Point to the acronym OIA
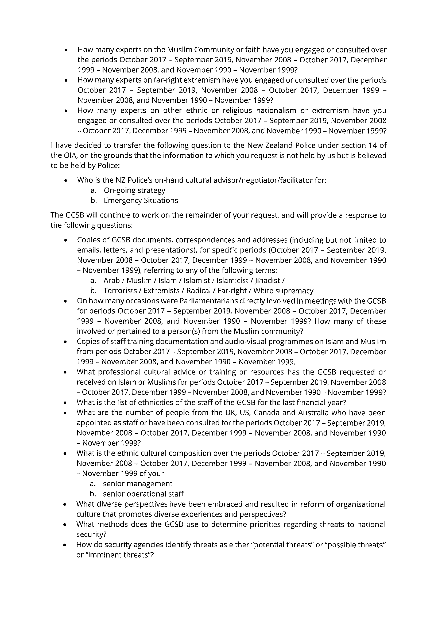[63, 155]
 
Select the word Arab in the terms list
[112, 280]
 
